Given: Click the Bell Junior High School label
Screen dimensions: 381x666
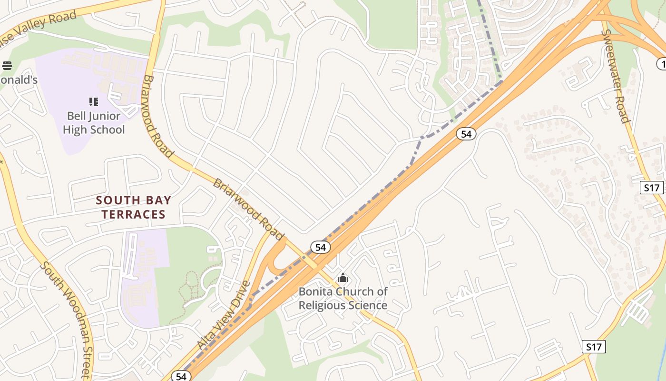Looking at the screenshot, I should (x=94, y=123).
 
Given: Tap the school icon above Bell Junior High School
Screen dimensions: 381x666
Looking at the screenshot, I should (x=94, y=101).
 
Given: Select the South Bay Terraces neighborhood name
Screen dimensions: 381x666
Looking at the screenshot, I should (x=133, y=207).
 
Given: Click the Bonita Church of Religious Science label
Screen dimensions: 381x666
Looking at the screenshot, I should (x=343, y=298).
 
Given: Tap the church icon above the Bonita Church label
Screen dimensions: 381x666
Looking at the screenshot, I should (x=343, y=278).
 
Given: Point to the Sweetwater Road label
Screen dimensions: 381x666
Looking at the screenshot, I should (x=617, y=76).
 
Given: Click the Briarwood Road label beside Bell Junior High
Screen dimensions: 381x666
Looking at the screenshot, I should (x=158, y=116).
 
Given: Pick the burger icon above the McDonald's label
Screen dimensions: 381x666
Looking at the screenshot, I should (x=7, y=65).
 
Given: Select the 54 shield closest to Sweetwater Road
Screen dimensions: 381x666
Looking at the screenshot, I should (x=466, y=134).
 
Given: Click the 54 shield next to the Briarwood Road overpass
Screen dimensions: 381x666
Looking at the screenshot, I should (x=321, y=247).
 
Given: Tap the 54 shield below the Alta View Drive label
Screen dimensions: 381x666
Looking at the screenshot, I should (x=181, y=376).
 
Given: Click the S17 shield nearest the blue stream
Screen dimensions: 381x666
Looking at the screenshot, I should (x=594, y=347).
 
